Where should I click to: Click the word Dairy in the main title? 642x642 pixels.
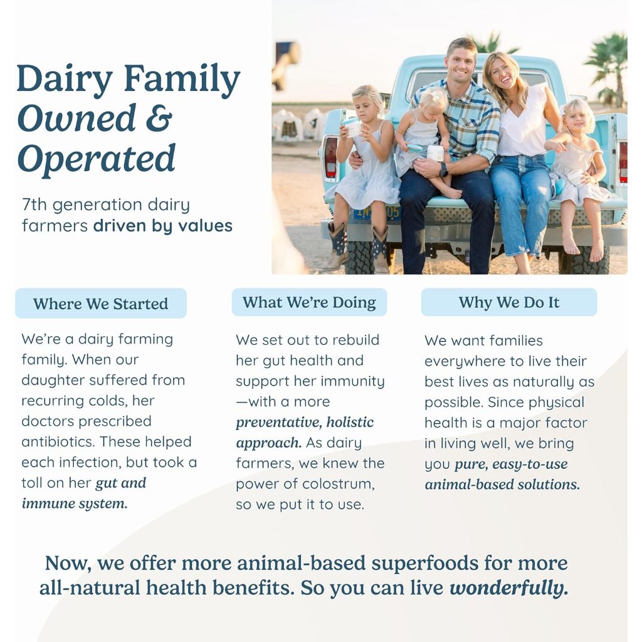pyautogui.click(x=65, y=80)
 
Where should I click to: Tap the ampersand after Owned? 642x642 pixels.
pyautogui.click(x=159, y=118)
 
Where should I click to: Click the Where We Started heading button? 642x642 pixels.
pyautogui.click(x=101, y=303)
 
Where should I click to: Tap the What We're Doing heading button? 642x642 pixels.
pyautogui.click(x=309, y=302)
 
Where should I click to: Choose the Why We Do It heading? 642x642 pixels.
pyautogui.click(x=509, y=302)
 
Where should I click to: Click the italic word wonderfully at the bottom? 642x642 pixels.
pyautogui.click(x=509, y=588)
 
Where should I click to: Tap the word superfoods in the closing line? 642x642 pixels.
pyautogui.click(x=424, y=564)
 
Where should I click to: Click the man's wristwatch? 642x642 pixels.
pyautogui.click(x=443, y=169)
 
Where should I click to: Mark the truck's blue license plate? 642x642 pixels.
pyautogui.click(x=377, y=213)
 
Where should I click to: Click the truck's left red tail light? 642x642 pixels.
pyautogui.click(x=330, y=157)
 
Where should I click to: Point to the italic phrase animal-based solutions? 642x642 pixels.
pyautogui.click(x=502, y=485)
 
